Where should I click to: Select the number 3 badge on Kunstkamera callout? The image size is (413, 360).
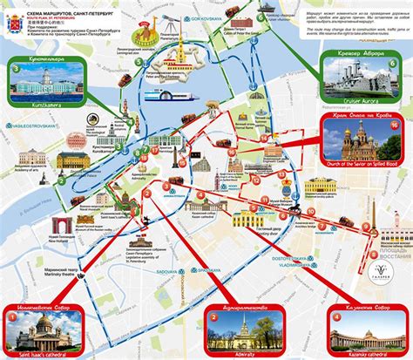(15, 68)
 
